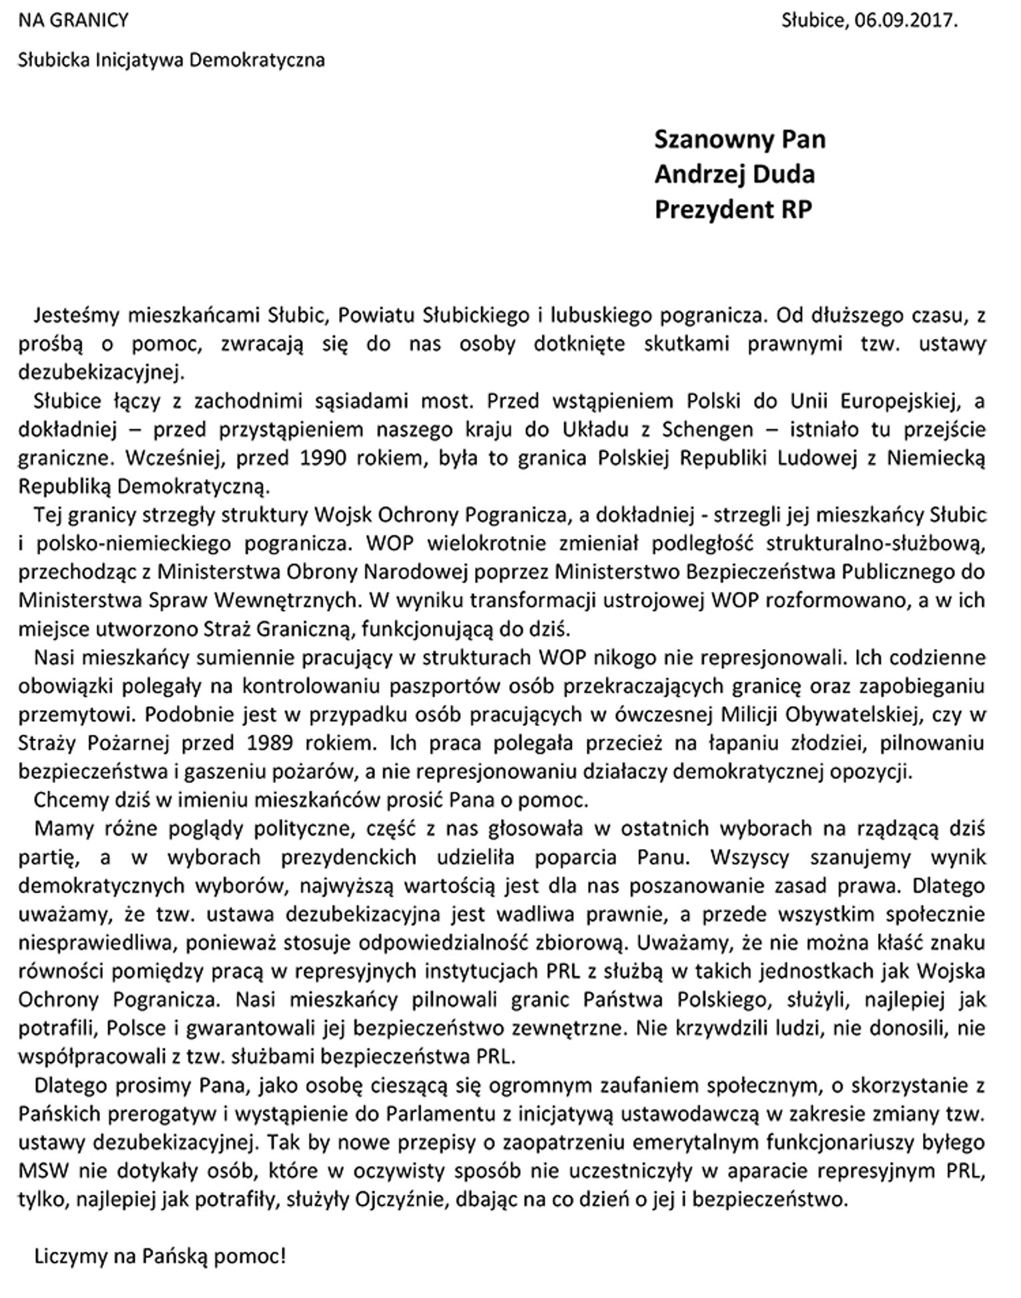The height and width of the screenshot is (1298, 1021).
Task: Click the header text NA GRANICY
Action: pyautogui.click(x=73, y=21)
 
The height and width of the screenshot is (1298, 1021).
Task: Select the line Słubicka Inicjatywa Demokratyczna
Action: pyautogui.click(x=172, y=60)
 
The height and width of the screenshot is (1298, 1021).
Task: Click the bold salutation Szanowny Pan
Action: pyautogui.click(x=739, y=139)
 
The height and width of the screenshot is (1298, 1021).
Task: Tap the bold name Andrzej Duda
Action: pyautogui.click(x=734, y=174)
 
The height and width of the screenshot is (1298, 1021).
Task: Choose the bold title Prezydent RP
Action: pyautogui.click(x=733, y=209)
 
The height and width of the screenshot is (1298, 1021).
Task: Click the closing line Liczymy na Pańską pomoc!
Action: pyautogui.click(x=160, y=1257)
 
